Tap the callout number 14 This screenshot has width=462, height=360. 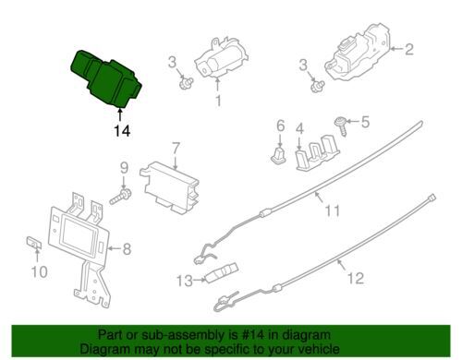click(122, 131)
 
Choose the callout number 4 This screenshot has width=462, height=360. click(298, 143)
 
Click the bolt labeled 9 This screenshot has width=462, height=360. click(120, 197)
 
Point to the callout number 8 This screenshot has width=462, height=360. click(127, 247)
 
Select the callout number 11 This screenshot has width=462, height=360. click(331, 210)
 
